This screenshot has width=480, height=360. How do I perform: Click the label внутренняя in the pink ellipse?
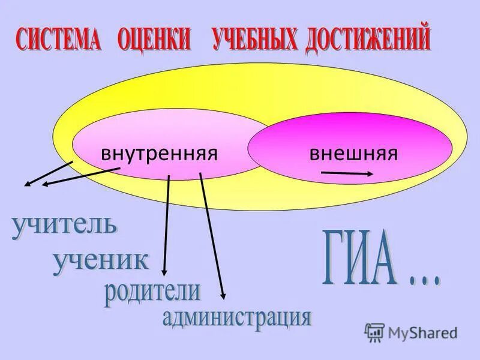pyautogui.click(x=158, y=153)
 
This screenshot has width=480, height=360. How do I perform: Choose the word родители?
pyautogui.click(x=152, y=292)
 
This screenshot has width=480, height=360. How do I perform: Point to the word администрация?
pyautogui.click(x=237, y=316)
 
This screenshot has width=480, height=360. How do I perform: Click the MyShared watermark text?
pyautogui.click(x=422, y=331)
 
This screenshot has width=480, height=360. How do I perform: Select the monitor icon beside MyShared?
pyautogui.click(x=374, y=331)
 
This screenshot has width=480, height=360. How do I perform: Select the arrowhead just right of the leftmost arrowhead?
pyautogui.click(x=46, y=184)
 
